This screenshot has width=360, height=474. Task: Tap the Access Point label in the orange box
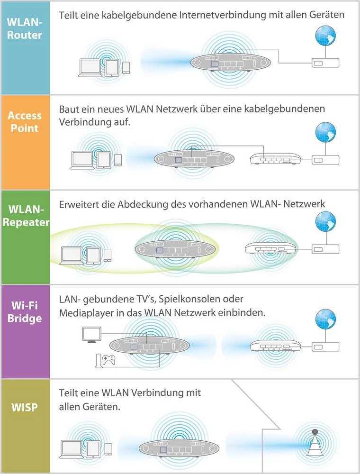click(x=25, y=122)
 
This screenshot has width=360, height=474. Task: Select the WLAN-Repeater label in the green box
click(x=25, y=216)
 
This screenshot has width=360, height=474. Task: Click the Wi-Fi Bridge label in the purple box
click(x=25, y=312)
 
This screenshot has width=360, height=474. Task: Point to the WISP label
click(x=25, y=407)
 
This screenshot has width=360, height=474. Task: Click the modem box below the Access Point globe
click(x=325, y=160)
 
